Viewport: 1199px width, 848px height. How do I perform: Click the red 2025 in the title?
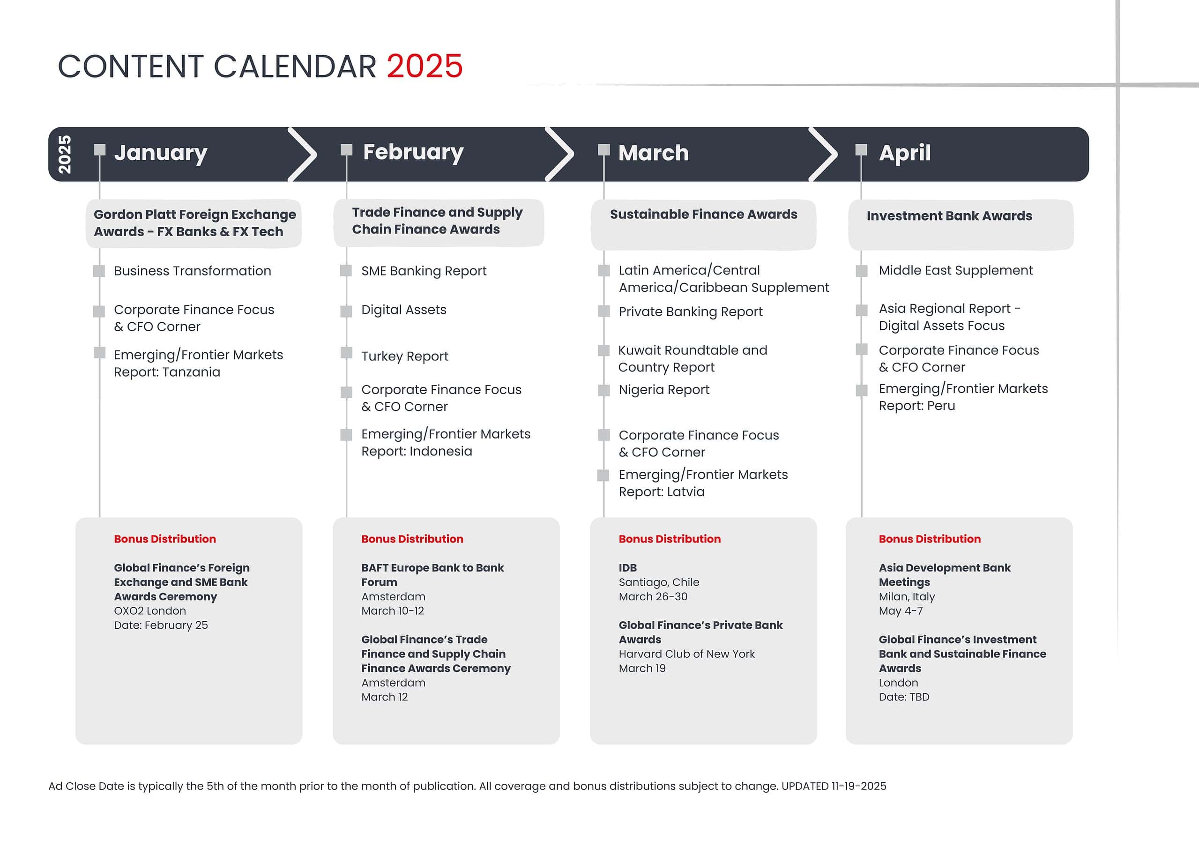(x=424, y=67)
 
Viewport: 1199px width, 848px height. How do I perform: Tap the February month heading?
(x=413, y=152)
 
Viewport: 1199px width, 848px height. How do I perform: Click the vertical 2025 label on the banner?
(x=64, y=155)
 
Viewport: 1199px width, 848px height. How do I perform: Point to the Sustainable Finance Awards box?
(x=703, y=224)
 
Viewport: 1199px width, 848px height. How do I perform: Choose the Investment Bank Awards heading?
(x=949, y=216)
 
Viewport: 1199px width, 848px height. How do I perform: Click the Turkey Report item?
(x=405, y=356)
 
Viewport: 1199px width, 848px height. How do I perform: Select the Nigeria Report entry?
(x=664, y=389)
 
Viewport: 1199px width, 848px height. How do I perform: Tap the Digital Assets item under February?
(x=404, y=310)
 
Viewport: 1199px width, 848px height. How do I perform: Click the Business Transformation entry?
(x=193, y=270)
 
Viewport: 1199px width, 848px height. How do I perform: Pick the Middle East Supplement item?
(x=956, y=270)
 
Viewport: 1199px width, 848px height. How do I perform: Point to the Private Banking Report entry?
(x=690, y=312)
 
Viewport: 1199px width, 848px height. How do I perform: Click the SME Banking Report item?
(x=424, y=271)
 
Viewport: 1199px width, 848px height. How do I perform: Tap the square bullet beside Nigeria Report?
(x=603, y=390)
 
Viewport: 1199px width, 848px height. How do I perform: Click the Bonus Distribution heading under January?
(x=165, y=539)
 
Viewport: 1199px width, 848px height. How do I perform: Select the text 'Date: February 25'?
(x=161, y=625)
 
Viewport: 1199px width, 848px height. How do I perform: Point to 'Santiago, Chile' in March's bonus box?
(x=659, y=582)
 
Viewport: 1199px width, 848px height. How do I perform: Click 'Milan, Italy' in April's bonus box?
(x=907, y=596)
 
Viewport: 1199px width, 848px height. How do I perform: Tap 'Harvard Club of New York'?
(x=687, y=654)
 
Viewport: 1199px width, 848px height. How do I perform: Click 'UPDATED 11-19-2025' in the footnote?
(x=834, y=786)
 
